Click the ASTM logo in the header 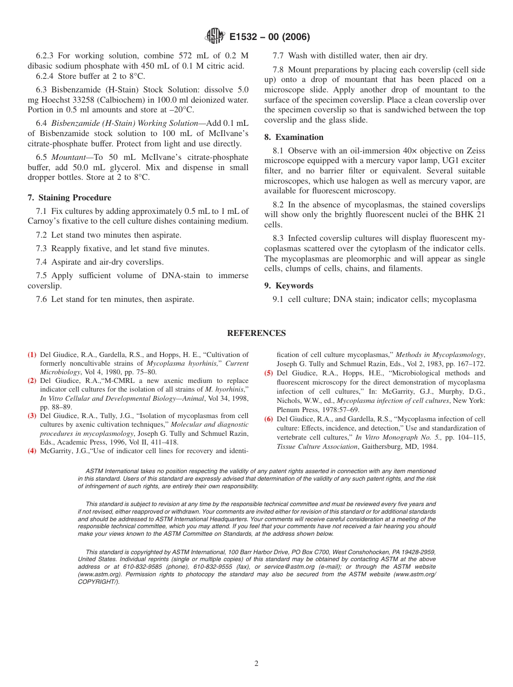(x=214, y=37)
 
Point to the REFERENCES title (x=256, y=333)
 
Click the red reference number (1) (x=32, y=355)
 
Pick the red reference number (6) (x=268, y=419)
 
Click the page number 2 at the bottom (x=256, y=664)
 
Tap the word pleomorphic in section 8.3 (x=365, y=259)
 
